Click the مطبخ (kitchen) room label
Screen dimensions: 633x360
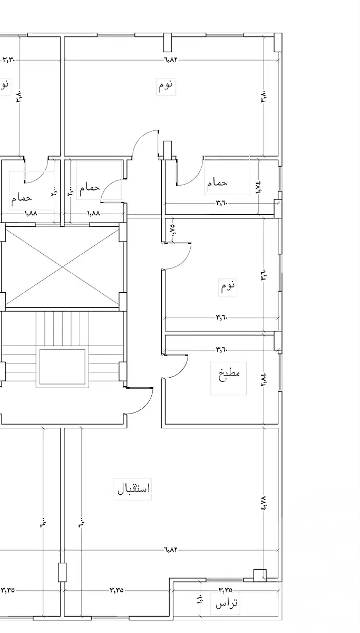tap(229, 378)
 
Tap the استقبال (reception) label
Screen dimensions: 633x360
tap(134, 488)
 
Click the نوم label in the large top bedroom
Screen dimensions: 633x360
tap(166, 85)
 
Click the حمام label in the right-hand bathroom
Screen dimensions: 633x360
tap(217, 183)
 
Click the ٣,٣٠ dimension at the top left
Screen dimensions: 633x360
tap(9, 60)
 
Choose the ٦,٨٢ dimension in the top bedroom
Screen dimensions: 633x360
tap(171, 60)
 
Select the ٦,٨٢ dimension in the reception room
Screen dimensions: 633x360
tap(171, 550)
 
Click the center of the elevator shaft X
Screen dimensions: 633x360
tap(63, 267)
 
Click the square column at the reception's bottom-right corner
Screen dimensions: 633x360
tap(259, 575)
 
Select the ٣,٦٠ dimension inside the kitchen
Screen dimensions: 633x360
tap(221, 349)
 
